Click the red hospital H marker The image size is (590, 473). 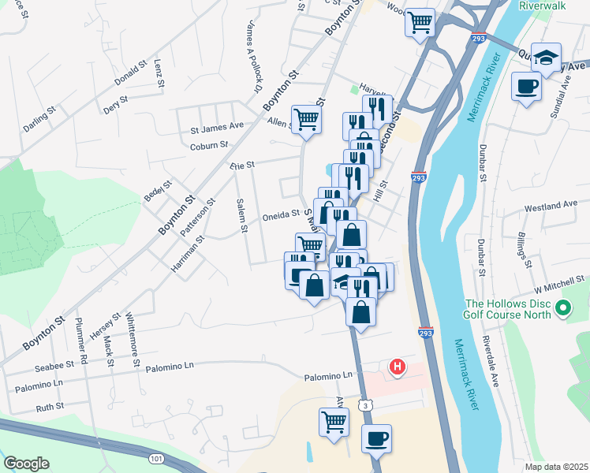click(x=398, y=367)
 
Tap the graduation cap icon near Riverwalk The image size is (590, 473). click(x=546, y=58)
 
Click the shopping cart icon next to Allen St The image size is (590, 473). click(x=306, y=119)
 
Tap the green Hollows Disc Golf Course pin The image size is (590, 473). click(x=563, y=307)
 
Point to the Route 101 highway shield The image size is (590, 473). click(x=155, y=458)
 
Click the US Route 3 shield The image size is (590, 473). click(x=364, y=404)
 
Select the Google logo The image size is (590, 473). click(x=25, y=464)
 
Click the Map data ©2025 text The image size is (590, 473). click(x=556, y=467)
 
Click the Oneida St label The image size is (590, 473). click(x=281, y=214)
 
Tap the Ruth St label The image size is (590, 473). click(x=50, y=408)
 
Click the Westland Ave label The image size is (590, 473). click(x=551, y=207)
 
